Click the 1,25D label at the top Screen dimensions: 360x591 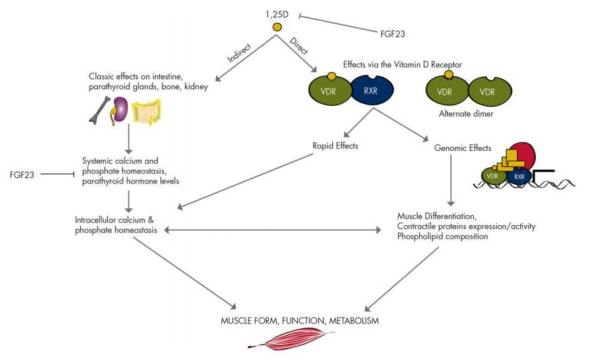tap(276, 13)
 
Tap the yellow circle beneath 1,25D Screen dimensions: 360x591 tap(276, 28)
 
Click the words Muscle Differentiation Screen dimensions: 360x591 tap(436, 215)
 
